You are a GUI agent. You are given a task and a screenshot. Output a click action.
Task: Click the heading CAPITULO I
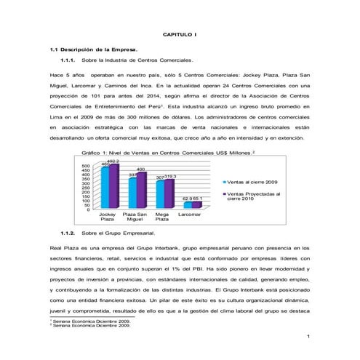click(x=180, y=34)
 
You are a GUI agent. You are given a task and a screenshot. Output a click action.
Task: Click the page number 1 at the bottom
click(x=309, y=335)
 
